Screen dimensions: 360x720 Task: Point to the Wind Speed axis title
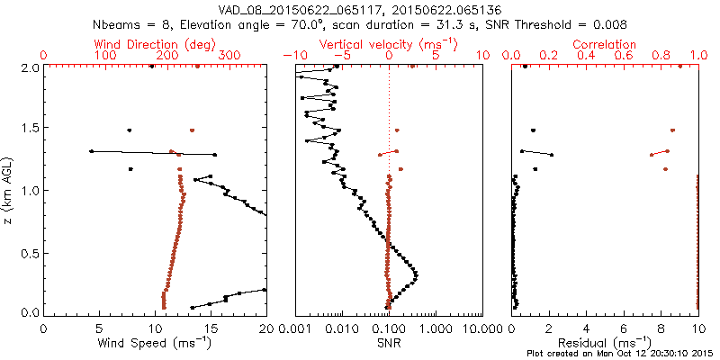click(156, 343)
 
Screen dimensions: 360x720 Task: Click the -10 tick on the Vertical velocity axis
click(290, 56)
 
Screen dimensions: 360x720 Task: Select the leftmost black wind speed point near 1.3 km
click(91, 151)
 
